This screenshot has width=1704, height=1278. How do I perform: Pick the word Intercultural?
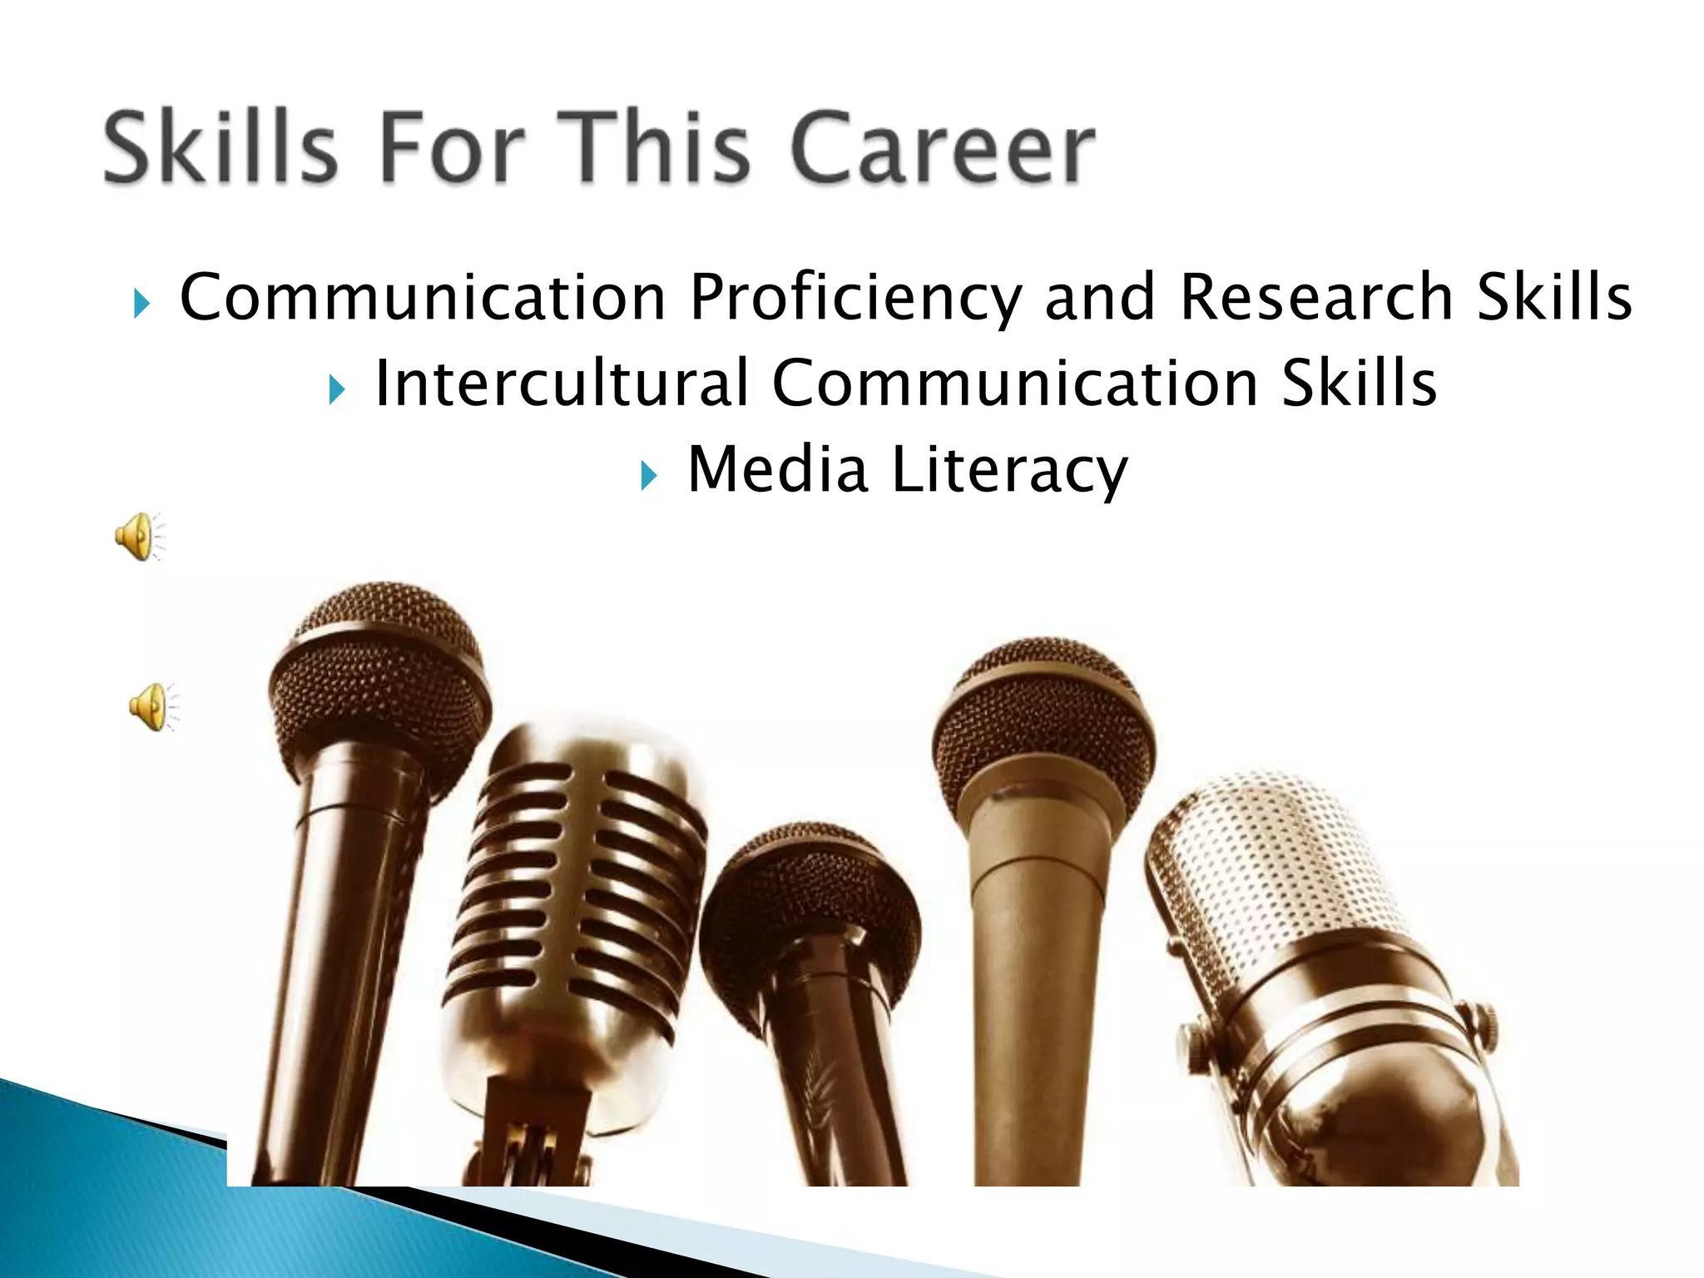click(562, 383)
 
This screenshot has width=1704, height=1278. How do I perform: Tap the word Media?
click(777, 470)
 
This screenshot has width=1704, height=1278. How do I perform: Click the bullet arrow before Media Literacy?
click(649, 476)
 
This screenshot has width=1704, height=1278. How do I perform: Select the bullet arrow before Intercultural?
click(336, 389)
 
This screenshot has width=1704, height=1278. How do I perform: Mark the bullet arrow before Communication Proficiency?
click(141, 304)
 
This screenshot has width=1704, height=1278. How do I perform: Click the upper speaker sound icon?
click(138, 537)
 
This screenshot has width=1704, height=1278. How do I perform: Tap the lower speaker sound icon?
click(152, 707)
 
